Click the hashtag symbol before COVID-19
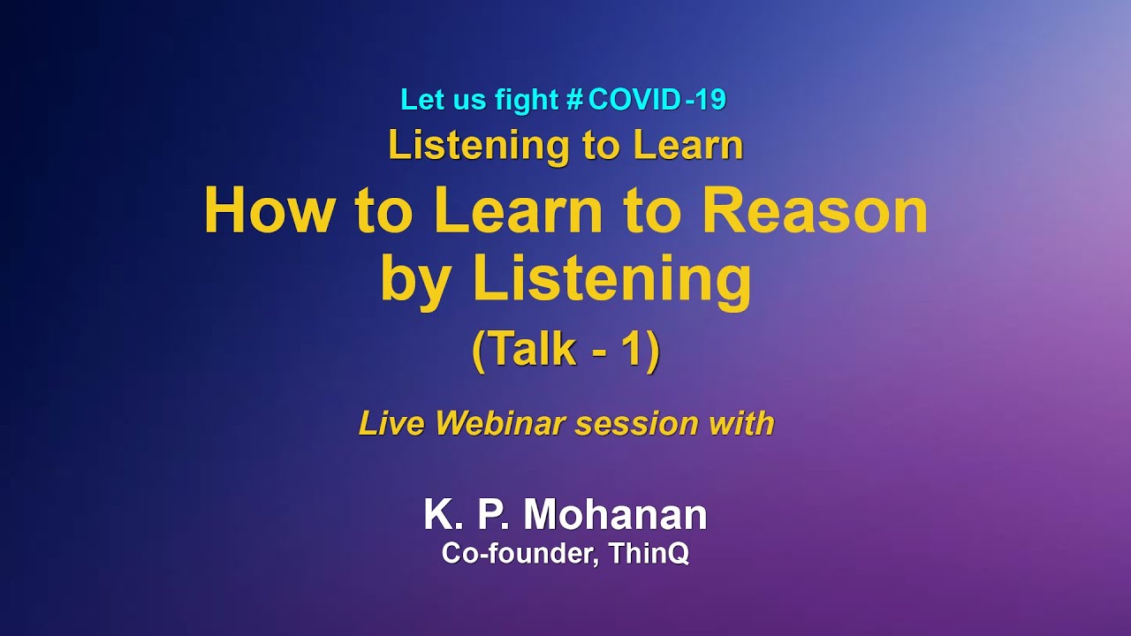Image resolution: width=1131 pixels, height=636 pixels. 573,100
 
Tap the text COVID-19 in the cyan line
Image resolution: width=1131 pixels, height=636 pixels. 657,100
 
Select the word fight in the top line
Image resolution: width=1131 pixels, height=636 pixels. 527,100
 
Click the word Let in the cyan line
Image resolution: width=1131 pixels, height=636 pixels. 420,100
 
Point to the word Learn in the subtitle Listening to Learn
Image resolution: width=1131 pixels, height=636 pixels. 688,146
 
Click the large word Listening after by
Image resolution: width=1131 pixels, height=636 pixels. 611,279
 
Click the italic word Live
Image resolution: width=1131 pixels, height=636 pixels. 391,424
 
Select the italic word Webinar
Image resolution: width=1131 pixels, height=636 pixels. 501,424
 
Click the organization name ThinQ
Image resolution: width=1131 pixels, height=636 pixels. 649,554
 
